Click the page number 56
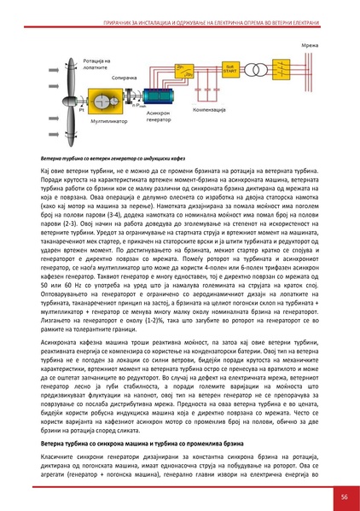(x=341, y=496)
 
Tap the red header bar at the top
(x=180, y=6)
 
